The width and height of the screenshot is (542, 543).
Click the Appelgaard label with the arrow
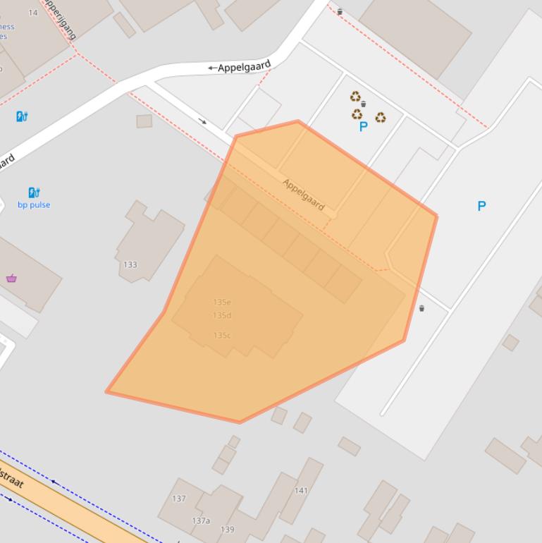pyautogui.click(x=240, y=68)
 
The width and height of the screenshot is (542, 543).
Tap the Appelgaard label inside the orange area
pyautogui.click(x=304, y=194)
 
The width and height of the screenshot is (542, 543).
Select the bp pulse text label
pyautogui.click(x=34, y=205)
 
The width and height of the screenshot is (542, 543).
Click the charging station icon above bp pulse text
pyautogui.click(x=34, y=192)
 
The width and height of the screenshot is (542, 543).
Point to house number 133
pyautogui.click(x=130, y=264)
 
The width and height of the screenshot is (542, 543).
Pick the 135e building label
pyautogui.click(x=222, y=302)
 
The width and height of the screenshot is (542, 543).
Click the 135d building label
pyautogui.click(x=222, y=315)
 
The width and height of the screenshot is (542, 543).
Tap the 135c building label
pyautogui.click(x=222, y=335)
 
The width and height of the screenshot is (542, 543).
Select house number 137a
pyautogui.click(x=201, y=520)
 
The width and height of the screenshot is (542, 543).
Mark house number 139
pyautogui.click(x=227, y=529)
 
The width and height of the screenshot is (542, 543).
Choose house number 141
pyautogui.click(x=301, y=490)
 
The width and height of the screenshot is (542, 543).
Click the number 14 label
pyautogui.click(x=33, y=13)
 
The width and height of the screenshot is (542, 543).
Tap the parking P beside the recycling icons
pyautogui.click(x=364, y=127)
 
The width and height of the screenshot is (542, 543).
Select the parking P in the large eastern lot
pyautogui.click(x=481, y=206)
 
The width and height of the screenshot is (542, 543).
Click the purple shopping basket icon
pyautogui.click(x=11, y=278)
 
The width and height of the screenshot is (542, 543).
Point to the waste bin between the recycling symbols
pyautogui.click(x=363, y=104)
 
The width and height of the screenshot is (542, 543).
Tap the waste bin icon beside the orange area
pyautogui.click(x=421, y=308)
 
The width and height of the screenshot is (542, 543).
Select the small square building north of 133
pyautogui.click(x=144, y=121)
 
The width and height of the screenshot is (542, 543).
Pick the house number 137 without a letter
pyautogui.click(x=179, y=499)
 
